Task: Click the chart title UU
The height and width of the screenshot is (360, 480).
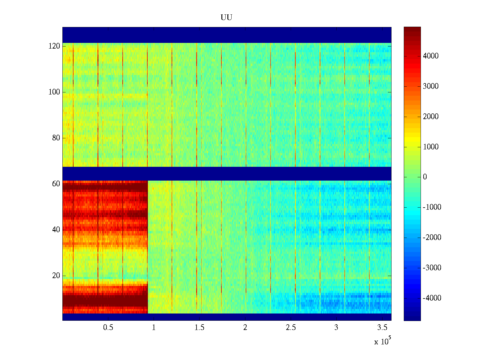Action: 226,18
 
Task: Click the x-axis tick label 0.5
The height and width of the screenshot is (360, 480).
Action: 108,328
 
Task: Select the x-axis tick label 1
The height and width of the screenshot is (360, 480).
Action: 154,328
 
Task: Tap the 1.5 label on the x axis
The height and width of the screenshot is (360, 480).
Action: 199,328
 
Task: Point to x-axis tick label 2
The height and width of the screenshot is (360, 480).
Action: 245,328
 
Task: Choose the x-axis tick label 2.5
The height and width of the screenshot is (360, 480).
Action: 291,328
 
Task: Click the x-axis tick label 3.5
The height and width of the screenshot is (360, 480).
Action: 382,328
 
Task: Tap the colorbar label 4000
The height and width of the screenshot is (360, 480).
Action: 431,56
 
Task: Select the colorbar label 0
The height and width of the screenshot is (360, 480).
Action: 425,177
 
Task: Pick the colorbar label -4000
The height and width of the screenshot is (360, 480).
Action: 432,298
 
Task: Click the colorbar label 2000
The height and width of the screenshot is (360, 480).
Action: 431,117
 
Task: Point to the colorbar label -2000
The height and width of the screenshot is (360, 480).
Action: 432,238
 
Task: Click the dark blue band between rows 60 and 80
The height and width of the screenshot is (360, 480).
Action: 226,173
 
